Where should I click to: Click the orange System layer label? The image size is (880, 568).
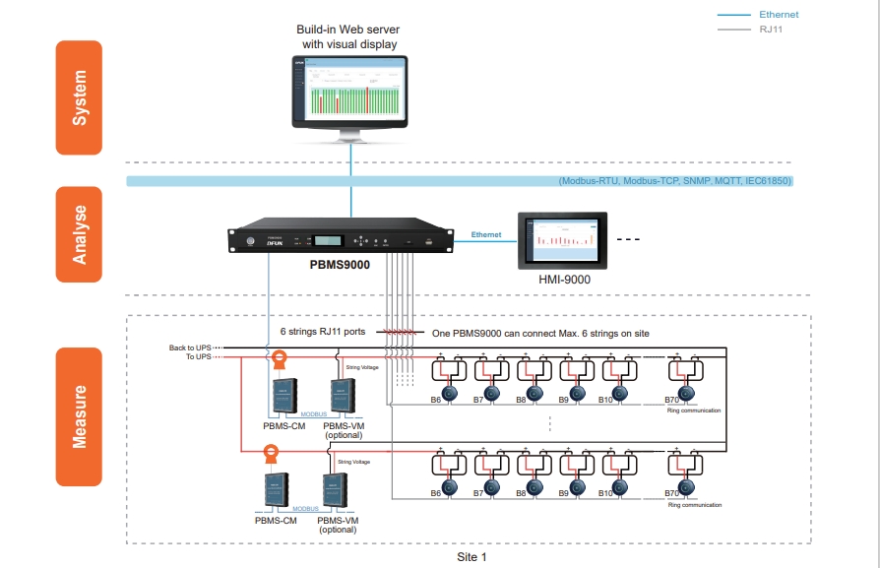point(79,97)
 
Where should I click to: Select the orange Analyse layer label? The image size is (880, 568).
point(79,233)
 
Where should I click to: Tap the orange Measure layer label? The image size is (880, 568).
point(79,416)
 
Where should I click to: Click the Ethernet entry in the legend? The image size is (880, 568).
point(779,15)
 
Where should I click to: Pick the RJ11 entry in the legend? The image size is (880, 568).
point(771,30)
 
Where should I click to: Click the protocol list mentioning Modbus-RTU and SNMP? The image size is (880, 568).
point(674,181)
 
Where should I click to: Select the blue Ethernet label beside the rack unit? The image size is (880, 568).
point(486,235)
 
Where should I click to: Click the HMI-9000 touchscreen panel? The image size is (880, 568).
point(564,239)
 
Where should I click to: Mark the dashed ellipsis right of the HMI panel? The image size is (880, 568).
point(628,240)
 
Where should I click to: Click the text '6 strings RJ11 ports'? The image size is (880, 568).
point(323,332)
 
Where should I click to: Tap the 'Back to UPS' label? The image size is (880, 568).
point(189,347)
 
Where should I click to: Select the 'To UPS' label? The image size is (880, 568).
point(197,357)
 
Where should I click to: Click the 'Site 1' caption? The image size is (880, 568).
point(471,557)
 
